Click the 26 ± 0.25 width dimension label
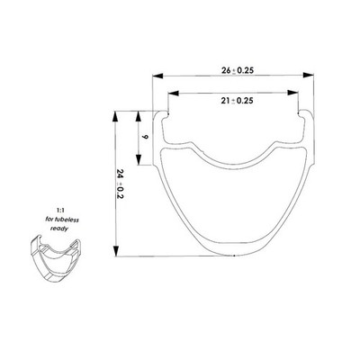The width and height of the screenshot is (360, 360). click(x=238, y=70)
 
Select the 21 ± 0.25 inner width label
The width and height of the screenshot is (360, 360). click(x=237, y=101)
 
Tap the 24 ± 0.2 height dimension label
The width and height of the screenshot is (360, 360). click(x=121, y=184)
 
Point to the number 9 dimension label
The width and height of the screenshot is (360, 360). click(x=145, y=137)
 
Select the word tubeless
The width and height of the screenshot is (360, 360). click(x=66, y=220)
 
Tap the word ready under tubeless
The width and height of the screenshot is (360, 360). click(x=59, y=229)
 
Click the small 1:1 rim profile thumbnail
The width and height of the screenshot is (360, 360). click(x=56, y=258)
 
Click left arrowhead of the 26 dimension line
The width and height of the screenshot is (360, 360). click(x=157, y=76)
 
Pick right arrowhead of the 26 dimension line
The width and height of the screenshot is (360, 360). click(x=309, y=75)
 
